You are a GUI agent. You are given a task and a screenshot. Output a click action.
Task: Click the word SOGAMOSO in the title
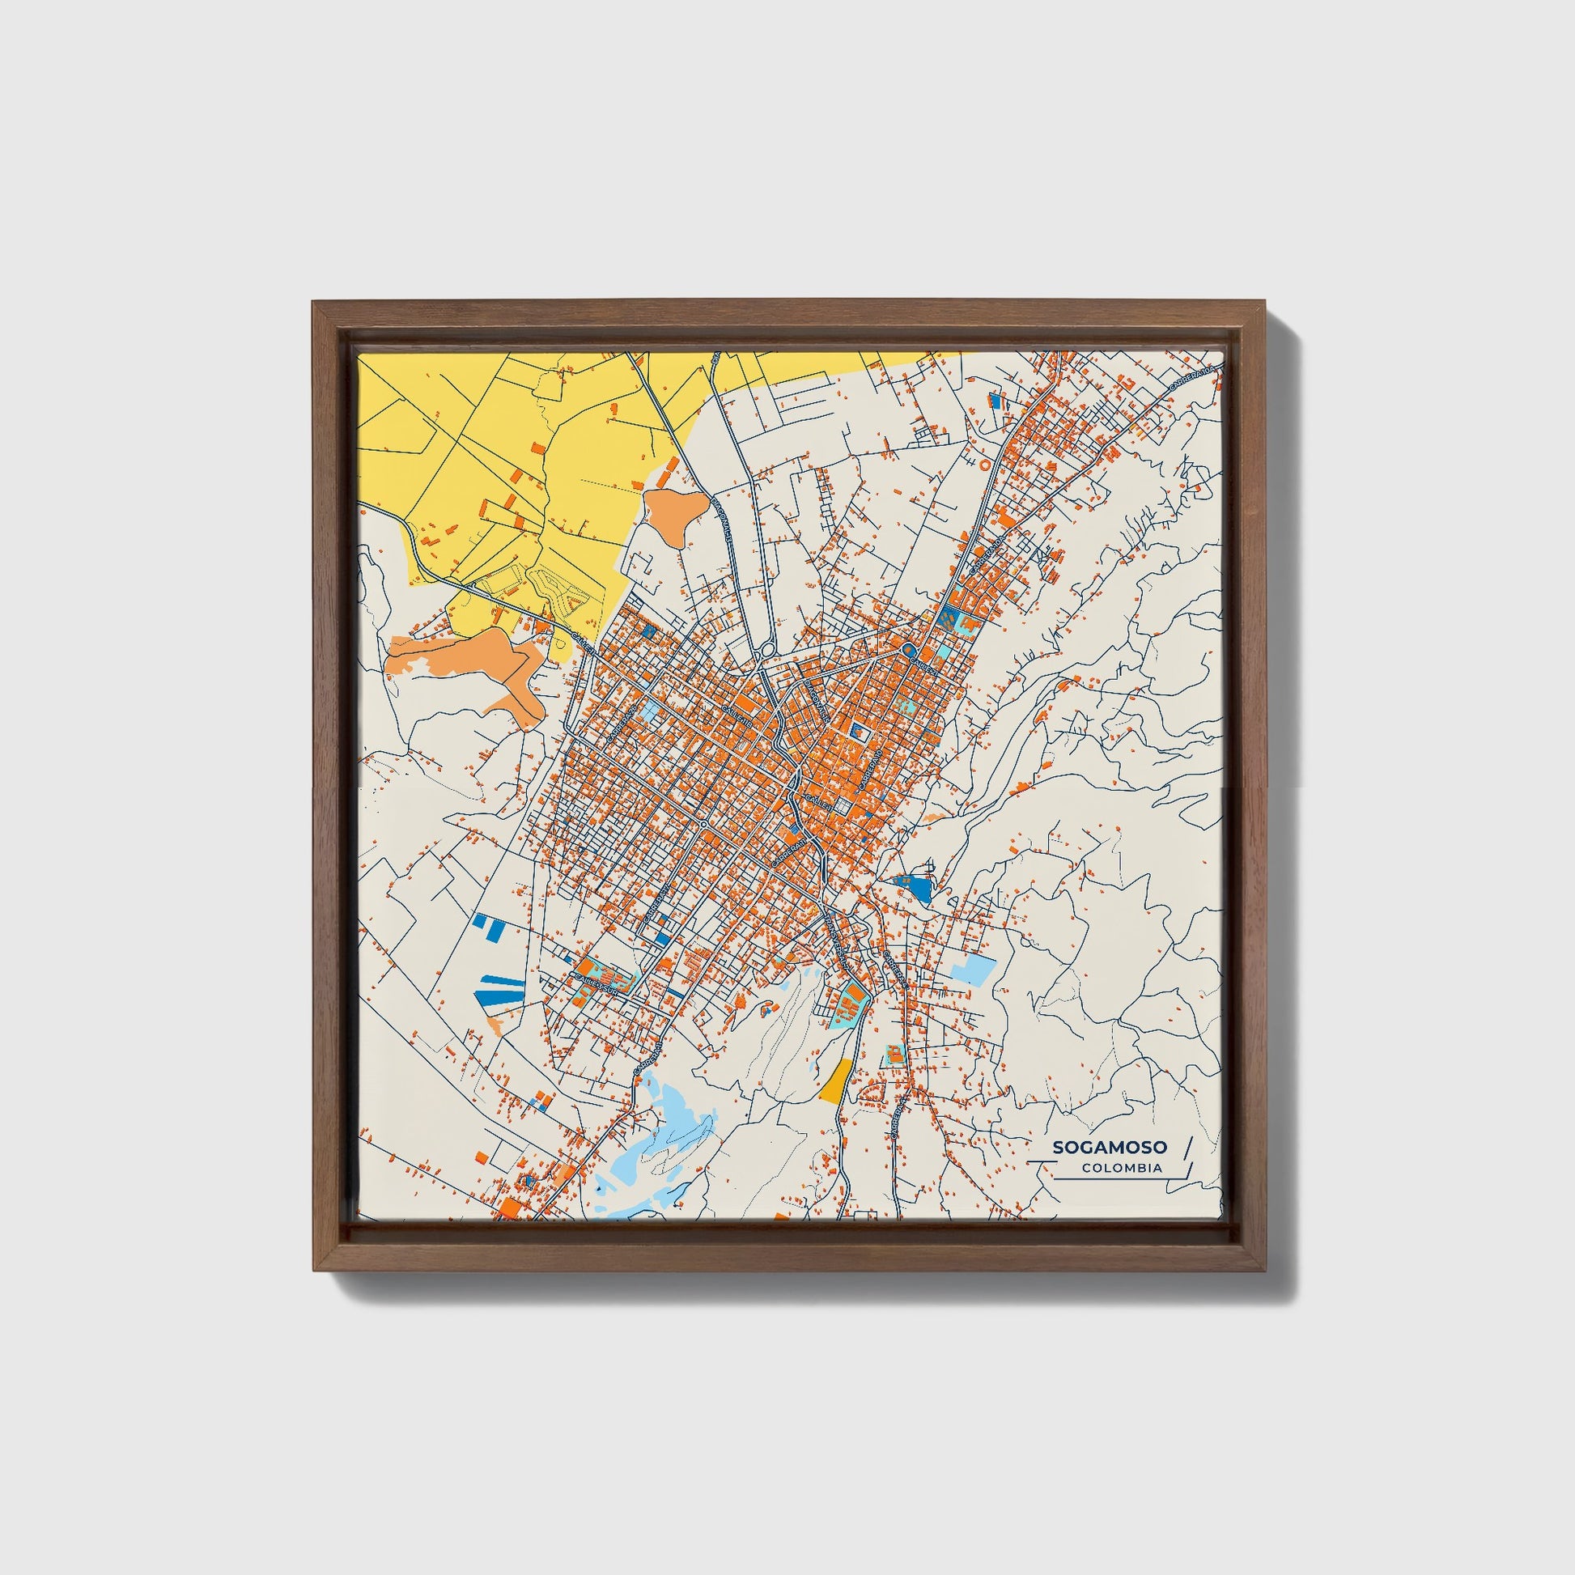click(x=1110, y=1147)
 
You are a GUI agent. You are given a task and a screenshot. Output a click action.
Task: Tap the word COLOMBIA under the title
click(x=1122, y=1168)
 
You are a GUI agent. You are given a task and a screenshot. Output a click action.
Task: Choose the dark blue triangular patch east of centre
click(x=916, y=886)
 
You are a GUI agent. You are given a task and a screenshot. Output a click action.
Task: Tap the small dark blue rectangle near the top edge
click(x=995, y=401)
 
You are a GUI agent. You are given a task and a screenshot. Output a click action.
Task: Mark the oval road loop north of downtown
click(x=767, y=650)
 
